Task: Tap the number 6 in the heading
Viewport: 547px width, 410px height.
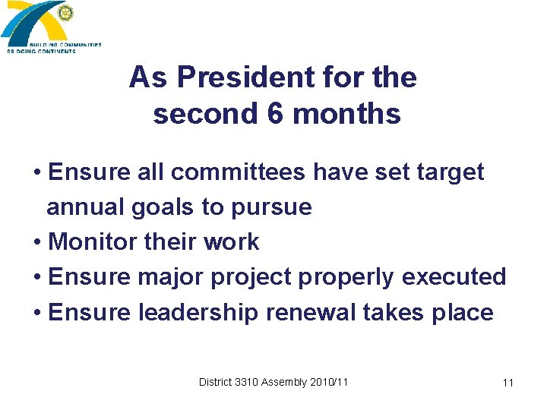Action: point(276,114)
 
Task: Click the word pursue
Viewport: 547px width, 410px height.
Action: point(274,207)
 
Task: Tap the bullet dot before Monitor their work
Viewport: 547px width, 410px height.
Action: point(37,243)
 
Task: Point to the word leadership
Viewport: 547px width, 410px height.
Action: point(198,312)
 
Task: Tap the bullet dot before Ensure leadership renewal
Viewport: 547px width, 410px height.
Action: point(37,313)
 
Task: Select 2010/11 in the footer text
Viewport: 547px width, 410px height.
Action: point(328,382)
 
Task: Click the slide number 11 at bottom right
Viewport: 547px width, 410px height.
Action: point(507,383)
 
